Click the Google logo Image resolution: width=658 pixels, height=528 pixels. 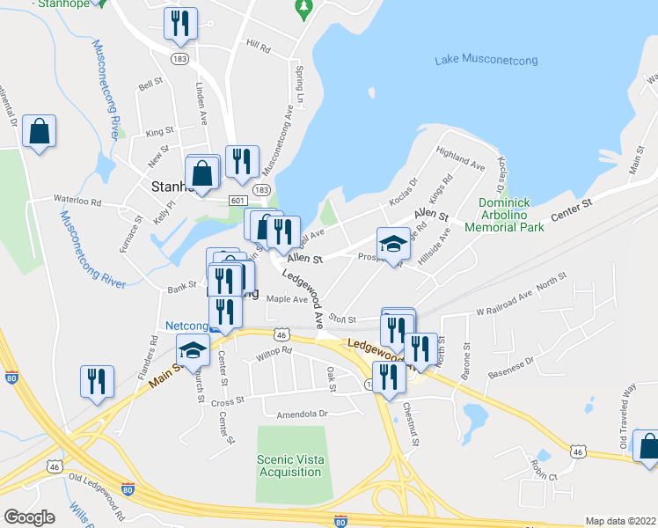pyautogui.click(x=28, y=517)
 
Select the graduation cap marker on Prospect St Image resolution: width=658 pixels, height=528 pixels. pyautogui.click(x=393, y=244)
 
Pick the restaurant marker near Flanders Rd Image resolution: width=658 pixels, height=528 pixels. pyautogui.click(x=97, y=381)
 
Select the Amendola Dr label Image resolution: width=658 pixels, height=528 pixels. pyautogui.click(x=302, y=413)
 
